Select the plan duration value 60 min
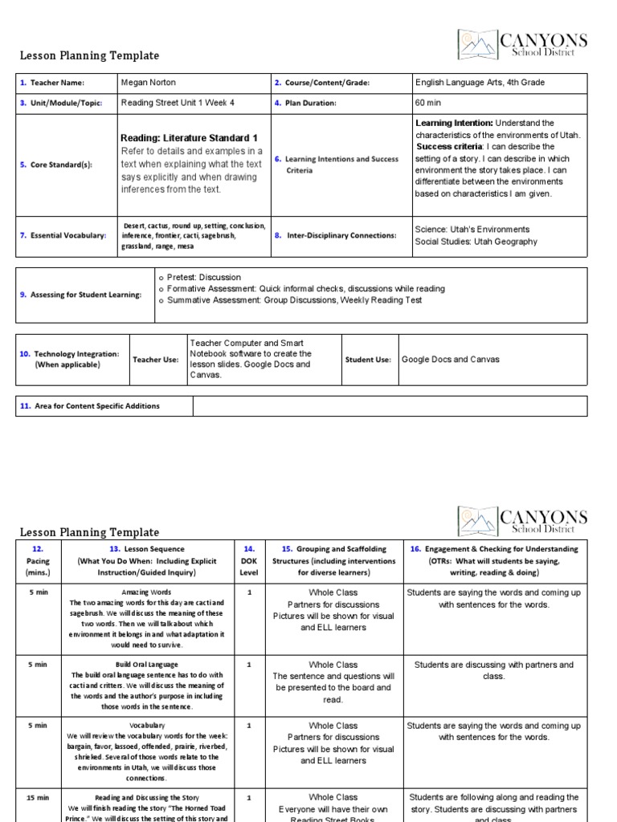[430, 104]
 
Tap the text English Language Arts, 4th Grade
[480, 83]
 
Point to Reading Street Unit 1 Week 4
[178, 104]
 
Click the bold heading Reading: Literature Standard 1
[190, 138]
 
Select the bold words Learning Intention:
[454, 123]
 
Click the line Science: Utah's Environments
[472, 230]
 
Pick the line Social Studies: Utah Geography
[476, 242]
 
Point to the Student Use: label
[368, 360]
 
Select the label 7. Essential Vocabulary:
[63, 236]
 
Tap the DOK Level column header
[249, 560]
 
